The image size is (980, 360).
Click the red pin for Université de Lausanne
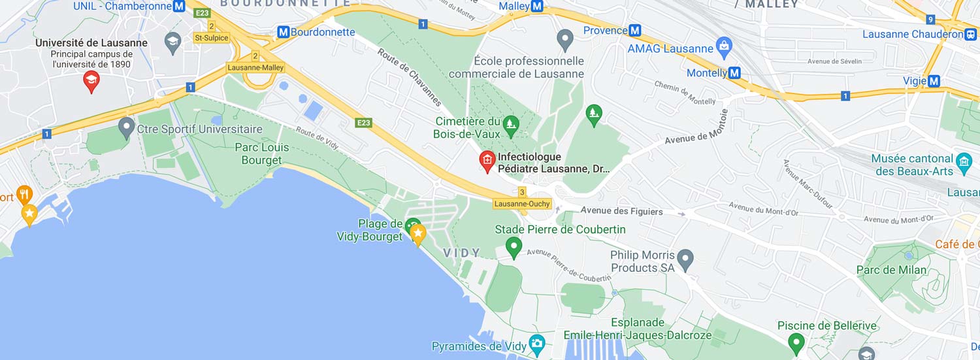coord(91,80)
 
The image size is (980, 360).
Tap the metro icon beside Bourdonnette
coord(283,32)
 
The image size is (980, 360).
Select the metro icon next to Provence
coord(635,31)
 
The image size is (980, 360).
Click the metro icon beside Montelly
coord(734,73)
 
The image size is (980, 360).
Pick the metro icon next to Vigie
coord(934,81)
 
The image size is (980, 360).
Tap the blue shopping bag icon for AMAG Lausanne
coord(723,46)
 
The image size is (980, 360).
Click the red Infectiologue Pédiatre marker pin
coord(487,160)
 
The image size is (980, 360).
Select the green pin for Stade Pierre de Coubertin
coord(514,247)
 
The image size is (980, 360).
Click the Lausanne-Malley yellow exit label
coord(255,67)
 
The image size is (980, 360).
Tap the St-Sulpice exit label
coord(211,37)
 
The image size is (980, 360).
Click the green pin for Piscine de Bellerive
coord(796,341)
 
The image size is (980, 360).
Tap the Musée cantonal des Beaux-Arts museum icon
coord(964,161)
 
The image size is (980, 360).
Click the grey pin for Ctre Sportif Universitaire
coord(126,125)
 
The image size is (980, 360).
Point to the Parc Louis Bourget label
coord(262,154)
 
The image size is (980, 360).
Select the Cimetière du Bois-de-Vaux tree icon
coord(511,122)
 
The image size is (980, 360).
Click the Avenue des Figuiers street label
coord(621,211)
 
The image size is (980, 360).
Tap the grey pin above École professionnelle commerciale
coord(565,39)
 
